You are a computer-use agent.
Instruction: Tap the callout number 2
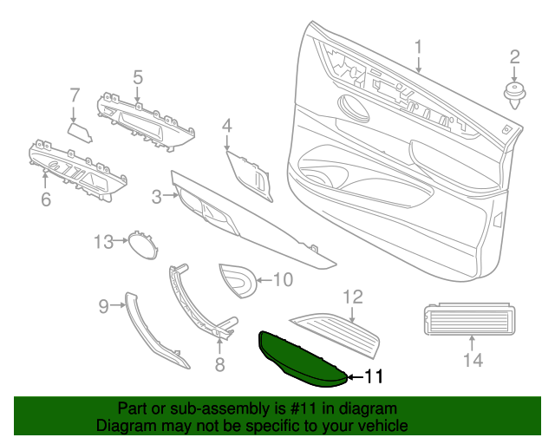[514, 57]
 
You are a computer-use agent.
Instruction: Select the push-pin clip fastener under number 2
[515, 94]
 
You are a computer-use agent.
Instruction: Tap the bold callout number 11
[372, 376]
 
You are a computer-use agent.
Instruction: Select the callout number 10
[284, 279]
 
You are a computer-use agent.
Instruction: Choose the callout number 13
[104, 241]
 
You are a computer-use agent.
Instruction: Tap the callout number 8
[219, 365]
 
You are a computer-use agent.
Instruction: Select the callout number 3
[157, 198]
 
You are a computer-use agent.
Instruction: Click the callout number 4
[226, 127]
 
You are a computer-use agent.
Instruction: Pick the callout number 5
[137, 78]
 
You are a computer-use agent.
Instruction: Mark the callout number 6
[45, 199]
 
